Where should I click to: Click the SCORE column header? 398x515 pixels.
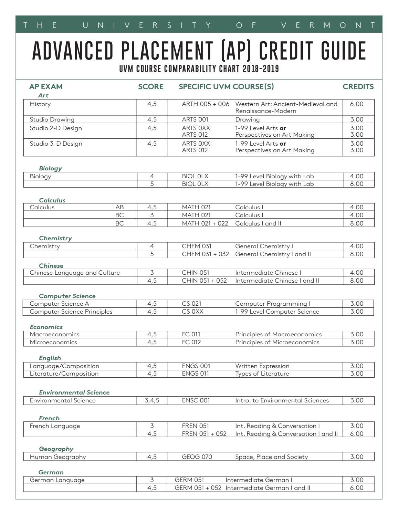coord(150,87)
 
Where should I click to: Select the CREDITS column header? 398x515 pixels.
coord(358,87)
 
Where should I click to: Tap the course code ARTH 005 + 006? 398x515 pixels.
coord(205,104)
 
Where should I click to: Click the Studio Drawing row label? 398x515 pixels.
coord(52,120)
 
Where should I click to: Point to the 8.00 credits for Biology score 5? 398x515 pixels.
coord(356,184)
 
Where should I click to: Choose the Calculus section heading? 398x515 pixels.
coord(52,200)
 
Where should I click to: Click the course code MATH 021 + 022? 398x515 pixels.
coord(205,223)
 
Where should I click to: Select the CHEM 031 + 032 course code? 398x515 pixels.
coord(205,254)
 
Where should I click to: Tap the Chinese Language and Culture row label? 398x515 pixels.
coord(75,273)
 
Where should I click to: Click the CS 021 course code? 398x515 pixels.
coord(191,304)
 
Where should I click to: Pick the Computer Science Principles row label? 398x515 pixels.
coord(71,312)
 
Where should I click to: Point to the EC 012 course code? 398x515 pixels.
coord(191,342)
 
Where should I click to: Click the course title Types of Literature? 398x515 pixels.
coord(262,374)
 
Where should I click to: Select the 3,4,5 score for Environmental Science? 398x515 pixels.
coord(152,400)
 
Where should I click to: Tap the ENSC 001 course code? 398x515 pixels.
coord(196,400)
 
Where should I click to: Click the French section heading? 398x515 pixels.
coord(49,418)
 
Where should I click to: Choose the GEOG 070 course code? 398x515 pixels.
coord(197,457)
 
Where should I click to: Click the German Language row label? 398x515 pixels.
coord(57,480)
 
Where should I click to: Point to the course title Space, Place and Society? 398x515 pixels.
coord(271,457)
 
